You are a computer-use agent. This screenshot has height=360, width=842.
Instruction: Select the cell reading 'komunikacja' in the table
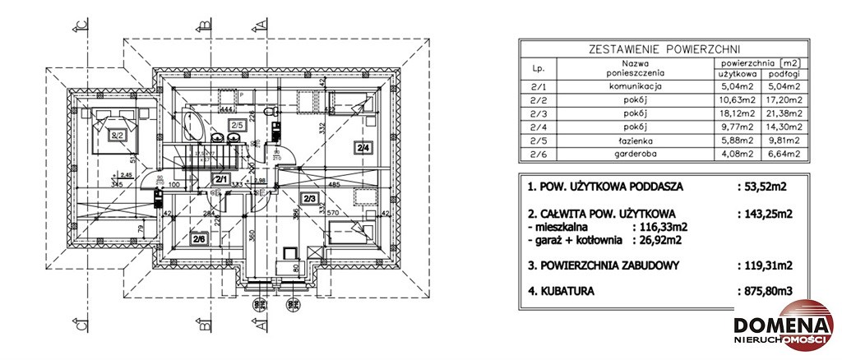pyautogui.click(x=635, y=85)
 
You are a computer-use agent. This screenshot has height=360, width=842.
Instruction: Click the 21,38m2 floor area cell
pyautogui.click(x=781, y=112)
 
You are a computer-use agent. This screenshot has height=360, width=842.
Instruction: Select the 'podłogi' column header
pyautogui.click(x=781, y=73)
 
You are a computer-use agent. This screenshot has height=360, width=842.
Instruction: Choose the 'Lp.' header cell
pyautogui.click(x=539, y=67)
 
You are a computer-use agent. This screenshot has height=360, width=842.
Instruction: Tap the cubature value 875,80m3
pyautogui.click(x=766, y=291)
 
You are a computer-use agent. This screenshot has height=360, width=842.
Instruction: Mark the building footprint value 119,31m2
pyautogui.click(x=766, y=265)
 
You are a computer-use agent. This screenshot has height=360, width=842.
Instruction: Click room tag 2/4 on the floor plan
pyautogui.click(x=363, y=148)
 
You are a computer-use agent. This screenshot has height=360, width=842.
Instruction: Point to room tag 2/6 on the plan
pyautogui.click(x=200, y=240)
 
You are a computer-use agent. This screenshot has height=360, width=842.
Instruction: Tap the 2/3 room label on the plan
pyautogui.click(x=309, y=199)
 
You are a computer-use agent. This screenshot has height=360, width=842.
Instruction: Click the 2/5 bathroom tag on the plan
pyautogui.click(x=237, y=125)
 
